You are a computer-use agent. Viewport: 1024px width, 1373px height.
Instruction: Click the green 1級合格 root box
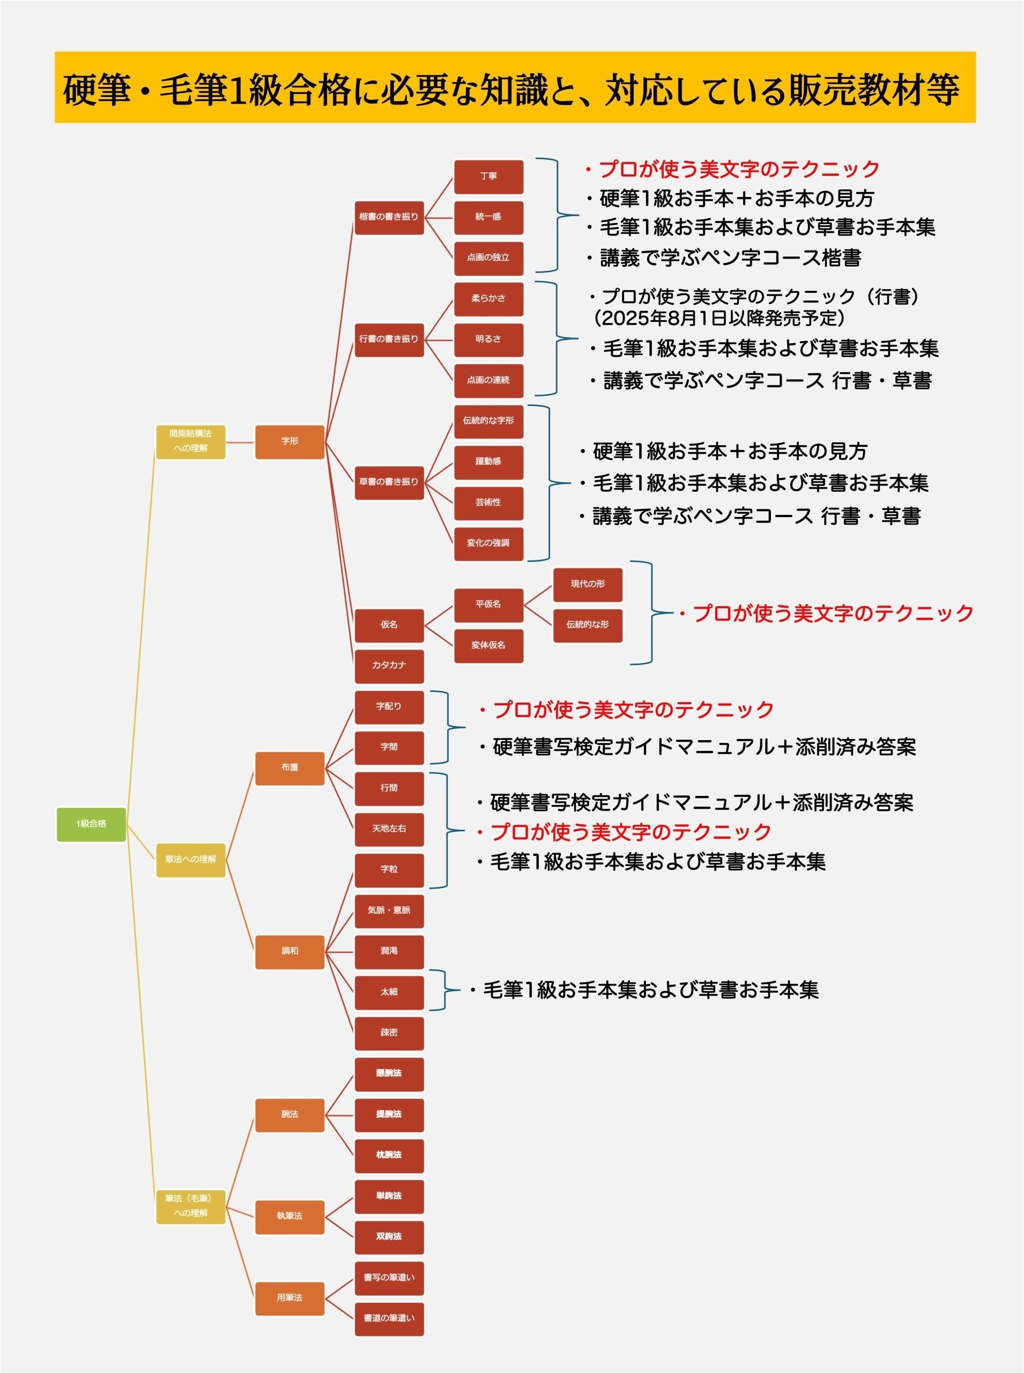coord(91,824)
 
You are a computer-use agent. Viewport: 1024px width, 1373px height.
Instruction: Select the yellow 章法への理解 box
coord(190,860)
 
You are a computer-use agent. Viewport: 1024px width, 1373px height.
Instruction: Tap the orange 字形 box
coord(290,441)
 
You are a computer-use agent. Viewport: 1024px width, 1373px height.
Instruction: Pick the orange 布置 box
coord(290,767)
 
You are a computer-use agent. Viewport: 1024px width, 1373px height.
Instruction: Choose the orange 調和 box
coord(290,951)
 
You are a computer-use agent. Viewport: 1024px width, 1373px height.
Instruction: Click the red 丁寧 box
coord(488,176)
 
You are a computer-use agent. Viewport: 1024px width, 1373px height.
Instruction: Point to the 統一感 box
coord(488,217)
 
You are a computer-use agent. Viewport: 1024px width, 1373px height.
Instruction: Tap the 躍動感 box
coord(488,461)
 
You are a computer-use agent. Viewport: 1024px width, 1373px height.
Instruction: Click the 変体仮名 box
coord(488,646)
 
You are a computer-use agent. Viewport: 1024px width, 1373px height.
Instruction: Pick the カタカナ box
coord(389,666)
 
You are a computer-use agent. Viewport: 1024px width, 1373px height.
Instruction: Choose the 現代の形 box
coord(588,584)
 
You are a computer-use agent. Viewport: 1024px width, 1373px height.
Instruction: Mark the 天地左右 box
coord(389,829)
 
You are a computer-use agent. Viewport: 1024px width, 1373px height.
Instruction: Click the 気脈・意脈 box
coord(389,910)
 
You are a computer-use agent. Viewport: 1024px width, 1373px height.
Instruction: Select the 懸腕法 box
coord(389,1074)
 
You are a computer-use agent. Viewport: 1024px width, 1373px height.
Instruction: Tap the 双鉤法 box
coord(389,1237)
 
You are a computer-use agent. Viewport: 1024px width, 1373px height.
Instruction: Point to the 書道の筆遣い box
coord(389,1318)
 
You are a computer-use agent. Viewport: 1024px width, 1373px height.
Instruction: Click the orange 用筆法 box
coord(290,1298)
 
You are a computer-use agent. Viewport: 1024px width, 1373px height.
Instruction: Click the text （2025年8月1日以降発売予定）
coord(719,319)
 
